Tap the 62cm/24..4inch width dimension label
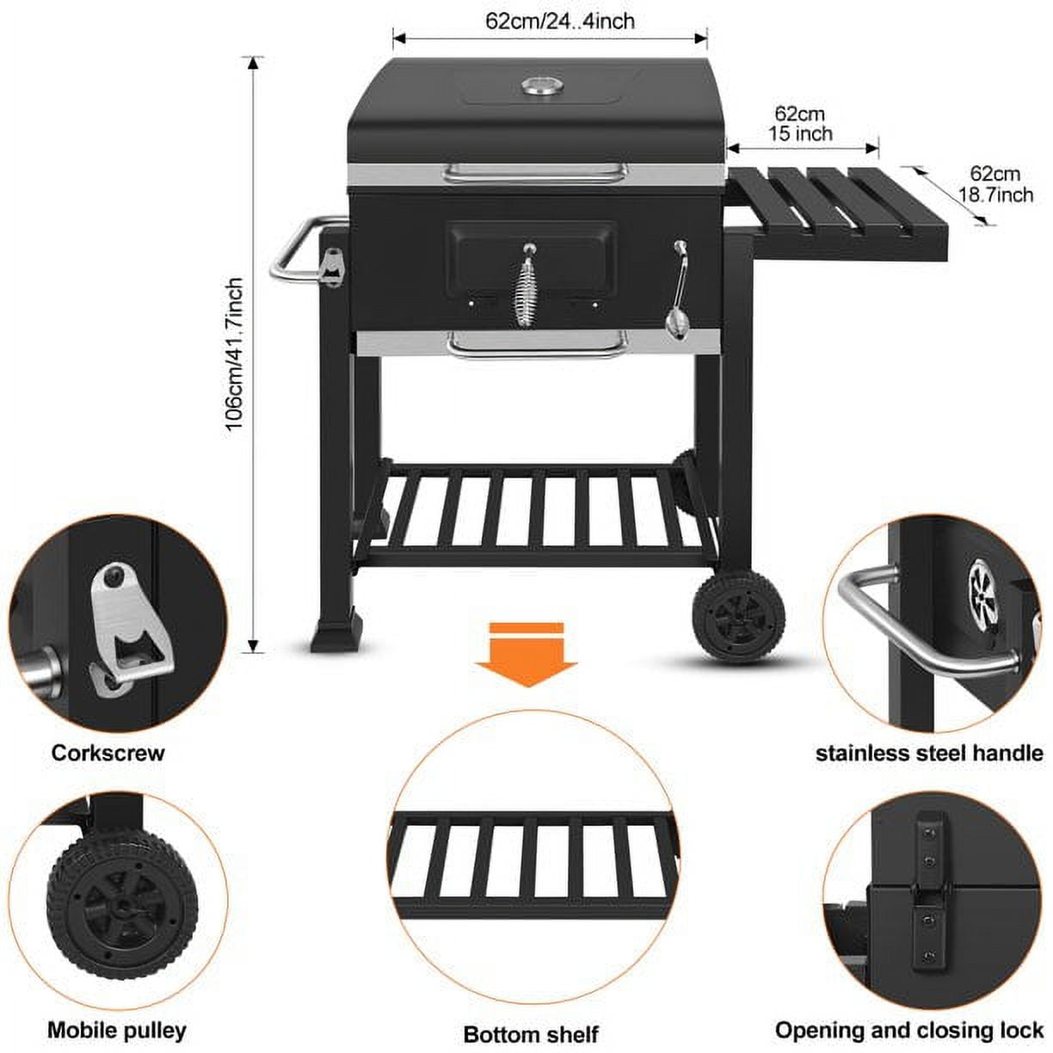tap(560, 20)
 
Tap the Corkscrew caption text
tap(108, 753)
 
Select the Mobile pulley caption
tap(116, 1030)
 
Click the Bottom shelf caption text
tap(531, 1033)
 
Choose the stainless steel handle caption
tap(929, 754)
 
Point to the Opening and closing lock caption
tap(908, 1030)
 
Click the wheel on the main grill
tap(738, 615)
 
